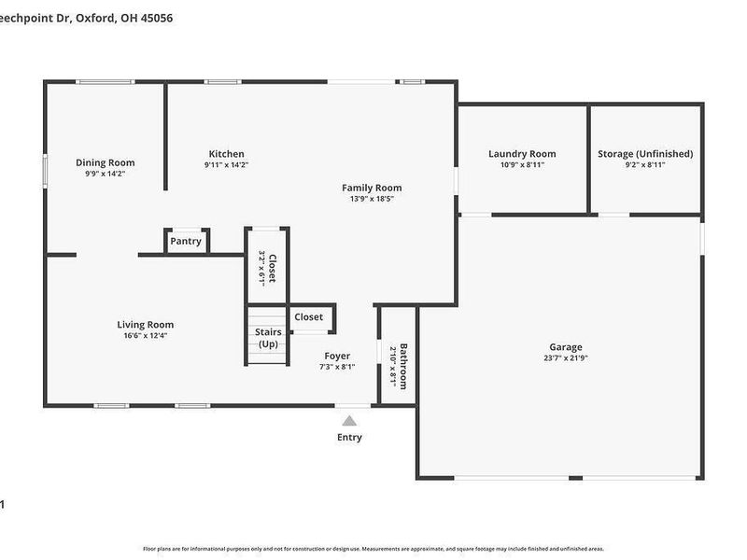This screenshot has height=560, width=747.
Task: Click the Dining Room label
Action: click(x=105, y=162)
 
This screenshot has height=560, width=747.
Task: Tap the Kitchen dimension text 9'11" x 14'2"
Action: click(x=226, y=165)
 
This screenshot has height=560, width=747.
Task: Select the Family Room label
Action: click(x=372, y=188)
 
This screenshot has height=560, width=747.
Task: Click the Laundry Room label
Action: click(x=522, y=154)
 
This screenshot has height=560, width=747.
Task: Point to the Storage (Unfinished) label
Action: click(x=645, y=154)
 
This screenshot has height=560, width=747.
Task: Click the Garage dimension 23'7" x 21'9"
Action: click(x=565, y=357)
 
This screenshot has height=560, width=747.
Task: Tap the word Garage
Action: click(x=565, y=346)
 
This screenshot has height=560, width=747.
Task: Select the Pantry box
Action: click(x=186, y=241)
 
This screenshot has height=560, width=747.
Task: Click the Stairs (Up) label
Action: click(x=267, y=338)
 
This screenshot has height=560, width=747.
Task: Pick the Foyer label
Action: click(x=337, y=356)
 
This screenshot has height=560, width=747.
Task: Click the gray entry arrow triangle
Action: click(x=349, y=421)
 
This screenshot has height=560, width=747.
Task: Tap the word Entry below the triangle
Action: click(x=349, y=437)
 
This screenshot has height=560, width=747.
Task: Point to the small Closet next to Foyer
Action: click(x=309, y=317)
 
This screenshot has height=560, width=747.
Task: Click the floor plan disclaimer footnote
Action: click(x=373, y=549)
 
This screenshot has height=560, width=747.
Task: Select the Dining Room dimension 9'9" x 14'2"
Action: click(x=105, y=174)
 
